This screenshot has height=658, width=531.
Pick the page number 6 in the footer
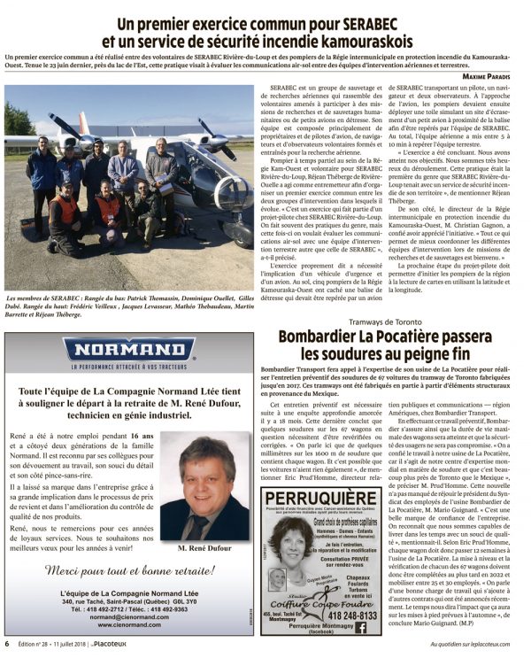tap(8, 644)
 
